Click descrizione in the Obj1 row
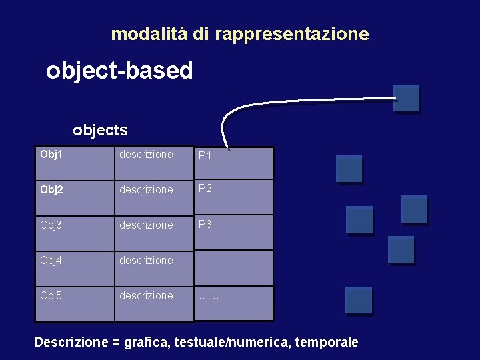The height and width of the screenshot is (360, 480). coord(146,155)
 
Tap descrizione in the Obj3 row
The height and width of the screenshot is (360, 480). coord(146,225)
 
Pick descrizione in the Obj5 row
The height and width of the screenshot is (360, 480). coord(146,296)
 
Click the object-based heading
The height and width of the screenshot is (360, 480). coord(119,70)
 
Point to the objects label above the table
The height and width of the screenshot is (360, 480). coord(100,130)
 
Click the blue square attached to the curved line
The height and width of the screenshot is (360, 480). coord(406,98)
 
